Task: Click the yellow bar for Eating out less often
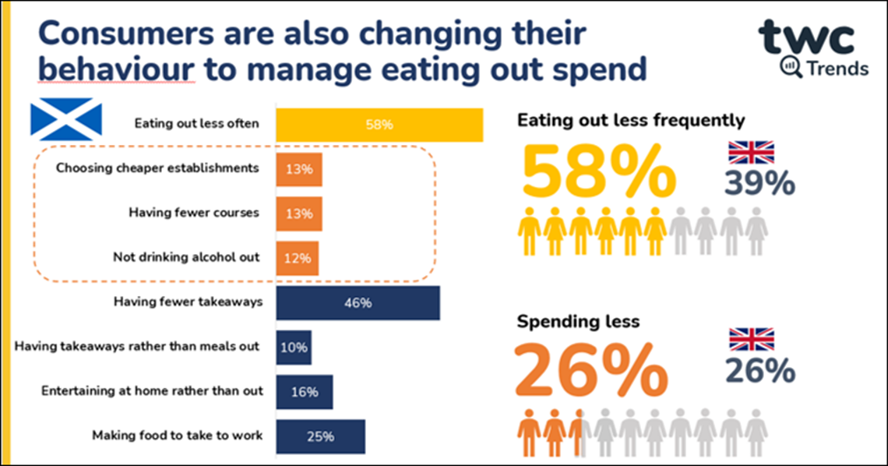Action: (379, 125)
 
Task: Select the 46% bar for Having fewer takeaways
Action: (358, 303)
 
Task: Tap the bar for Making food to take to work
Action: (320, 436)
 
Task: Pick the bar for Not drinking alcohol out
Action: (297, 257)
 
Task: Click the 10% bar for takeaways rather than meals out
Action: (294, 348)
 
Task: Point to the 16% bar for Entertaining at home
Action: (304, 392)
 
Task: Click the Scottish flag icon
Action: (66, 118)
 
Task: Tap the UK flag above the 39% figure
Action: (751, 151)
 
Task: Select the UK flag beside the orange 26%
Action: (751, 339)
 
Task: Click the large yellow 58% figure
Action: (597, 172)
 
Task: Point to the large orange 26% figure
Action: (591, 370)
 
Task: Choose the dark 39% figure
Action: (759, 184)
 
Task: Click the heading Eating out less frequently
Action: (631, 121)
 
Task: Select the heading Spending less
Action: (578, 321)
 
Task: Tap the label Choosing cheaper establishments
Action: (158, 168)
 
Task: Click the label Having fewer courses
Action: (193, 213)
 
